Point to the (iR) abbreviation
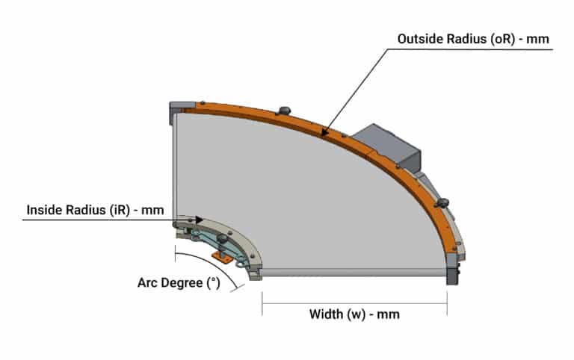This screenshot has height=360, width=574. (x=120, y=211)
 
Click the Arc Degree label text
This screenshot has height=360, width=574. (x=179, y=283)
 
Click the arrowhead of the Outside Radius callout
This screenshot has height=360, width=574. (x=324, y=131)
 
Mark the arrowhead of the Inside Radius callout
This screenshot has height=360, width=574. (x=199, y=220)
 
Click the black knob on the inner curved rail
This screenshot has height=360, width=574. (x=222, y=239)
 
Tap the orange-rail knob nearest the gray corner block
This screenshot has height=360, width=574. (x=285, y=110)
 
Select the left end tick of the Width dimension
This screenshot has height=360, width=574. (x=262, y=304)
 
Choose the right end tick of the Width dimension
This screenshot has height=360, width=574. (x=447, y=304)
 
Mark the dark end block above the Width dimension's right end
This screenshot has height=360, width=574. (x=452, y=270)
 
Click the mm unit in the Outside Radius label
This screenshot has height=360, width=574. (x=537, y=40)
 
